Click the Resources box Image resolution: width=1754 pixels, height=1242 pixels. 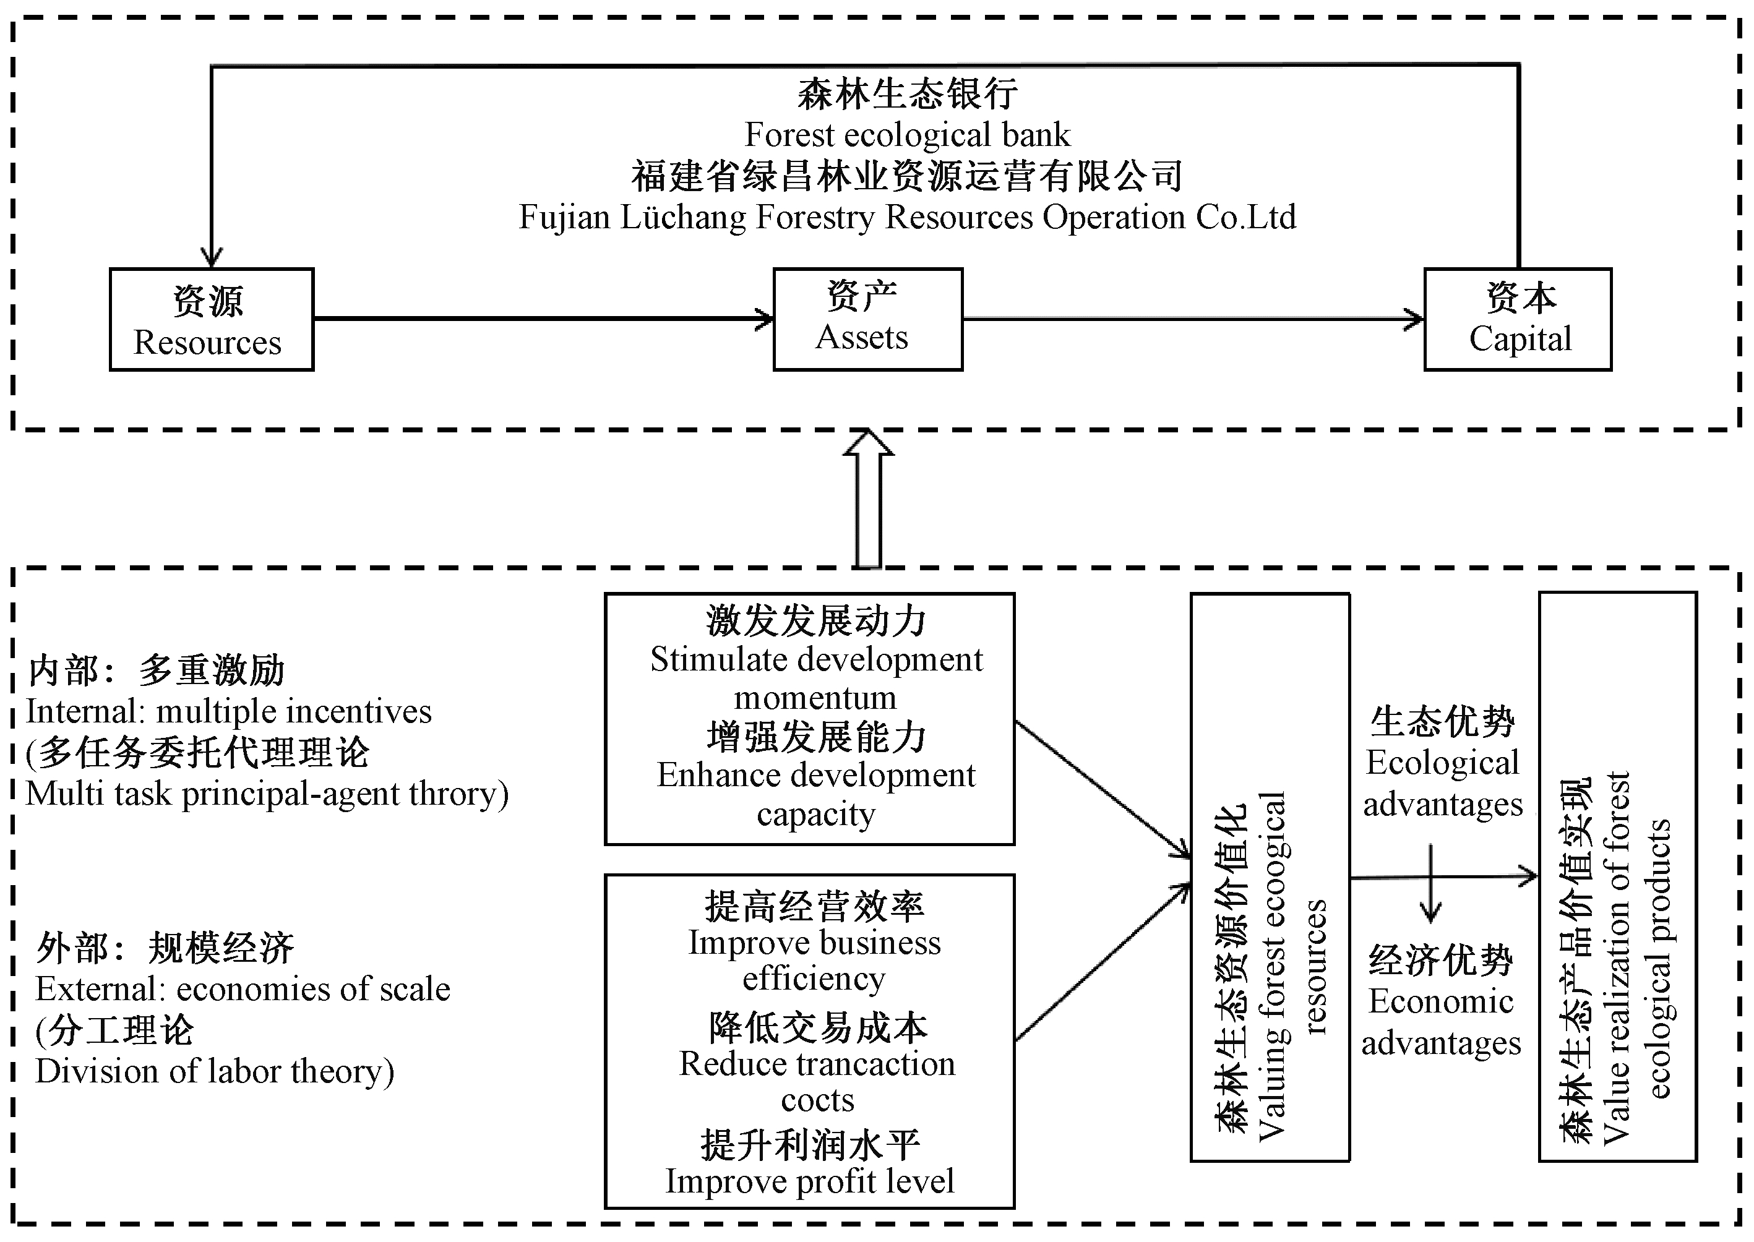click(211, 320)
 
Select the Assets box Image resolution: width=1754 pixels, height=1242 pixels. click(867, 320)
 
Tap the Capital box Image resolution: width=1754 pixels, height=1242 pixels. click(1518, 320)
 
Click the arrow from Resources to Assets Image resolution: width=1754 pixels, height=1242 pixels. click(543, 318)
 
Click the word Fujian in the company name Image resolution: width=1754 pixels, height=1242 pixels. click(564, 217)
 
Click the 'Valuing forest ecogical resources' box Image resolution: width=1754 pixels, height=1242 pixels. click(1270, 877)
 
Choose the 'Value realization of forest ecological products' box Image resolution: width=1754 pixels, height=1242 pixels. click(1617, 877)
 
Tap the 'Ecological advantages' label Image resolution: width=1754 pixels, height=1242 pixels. click(1443, 783)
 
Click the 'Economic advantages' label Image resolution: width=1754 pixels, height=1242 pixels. click(1441, 1022)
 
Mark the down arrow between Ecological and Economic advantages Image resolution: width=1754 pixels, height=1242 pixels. click(1430, 883)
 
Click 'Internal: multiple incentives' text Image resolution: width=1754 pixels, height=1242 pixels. click(229, 712)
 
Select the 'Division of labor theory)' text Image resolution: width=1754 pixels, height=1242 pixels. click(214, 1071)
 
